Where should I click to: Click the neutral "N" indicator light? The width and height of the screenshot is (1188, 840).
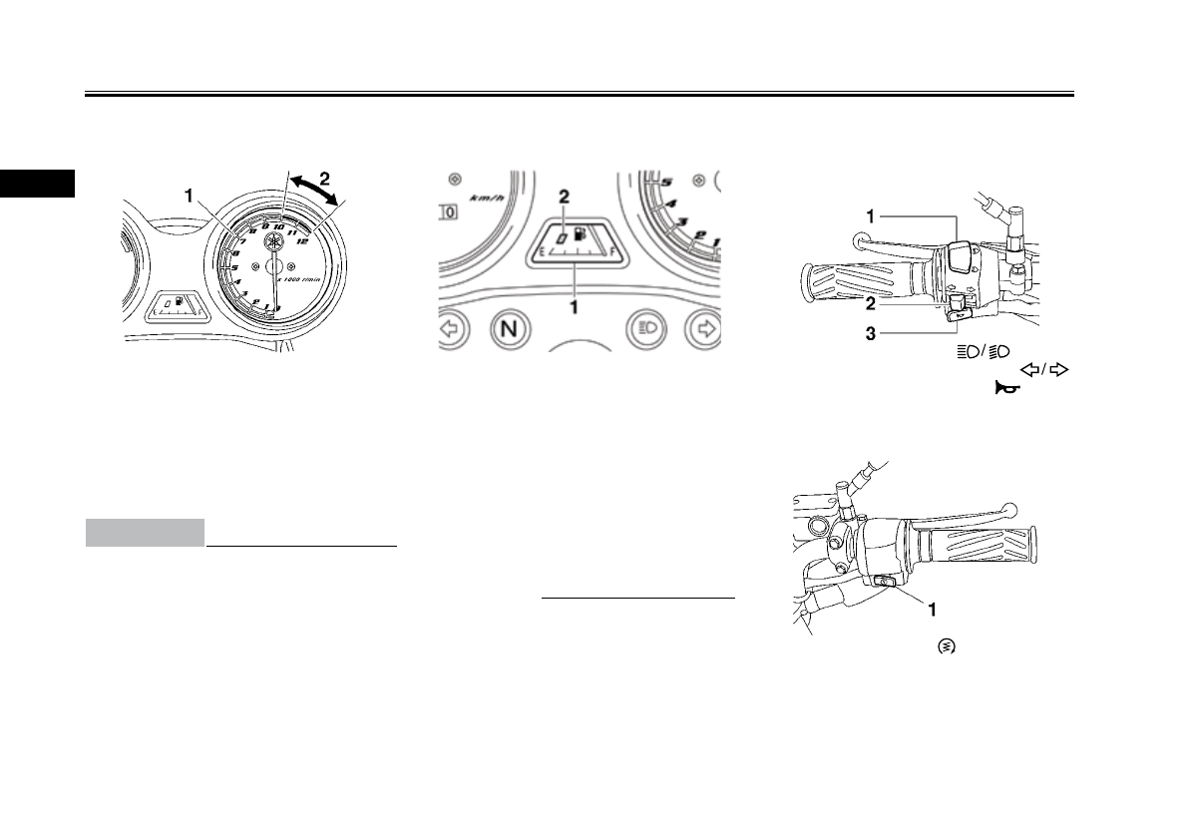(x=509, y=330)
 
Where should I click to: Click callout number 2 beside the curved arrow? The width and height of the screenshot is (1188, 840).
(x=323, y=180)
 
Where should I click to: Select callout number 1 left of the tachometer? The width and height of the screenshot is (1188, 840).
(x=188, y=198)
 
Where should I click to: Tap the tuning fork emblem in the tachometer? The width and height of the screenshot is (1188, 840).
(x=273, y=242)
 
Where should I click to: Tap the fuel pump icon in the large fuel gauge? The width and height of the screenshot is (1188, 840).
(x=580, y=238)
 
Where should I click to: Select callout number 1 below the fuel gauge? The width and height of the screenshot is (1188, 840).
(x=575, y=308)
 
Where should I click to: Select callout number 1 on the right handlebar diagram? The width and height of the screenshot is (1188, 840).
(x=932, y=606)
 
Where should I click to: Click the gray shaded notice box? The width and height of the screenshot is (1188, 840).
(x=145, y=533)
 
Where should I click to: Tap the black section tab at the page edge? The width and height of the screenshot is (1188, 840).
(x=37, y=184)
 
